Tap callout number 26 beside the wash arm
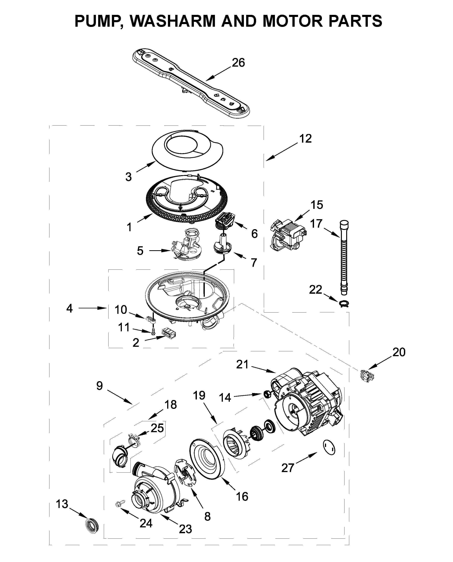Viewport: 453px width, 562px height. [238, 63]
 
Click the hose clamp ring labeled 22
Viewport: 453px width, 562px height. [344, 304]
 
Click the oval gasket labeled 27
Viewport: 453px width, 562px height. [329, 448]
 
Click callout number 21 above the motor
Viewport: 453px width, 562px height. [242, 364]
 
